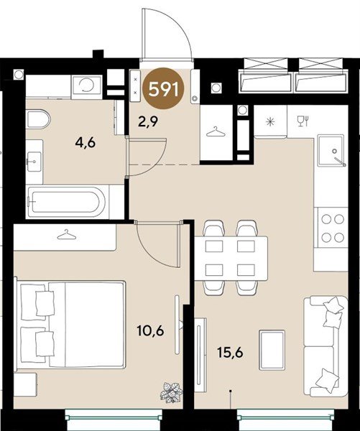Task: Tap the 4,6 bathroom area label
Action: [86, 143]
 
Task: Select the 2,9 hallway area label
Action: [148, 121]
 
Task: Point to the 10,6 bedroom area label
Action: [150, 330]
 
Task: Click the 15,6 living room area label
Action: [230, 353]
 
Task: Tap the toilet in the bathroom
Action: [38, 119]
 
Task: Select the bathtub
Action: [66, 202]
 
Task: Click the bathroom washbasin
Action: [34, 162]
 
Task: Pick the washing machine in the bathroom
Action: [86, 86]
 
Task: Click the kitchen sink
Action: [331, 151]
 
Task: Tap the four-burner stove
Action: [332, 228]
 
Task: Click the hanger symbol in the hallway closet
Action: [216, 132]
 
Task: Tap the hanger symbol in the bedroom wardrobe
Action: [66, 234]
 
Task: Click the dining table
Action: [231, 259]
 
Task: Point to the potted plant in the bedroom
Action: [171, 392]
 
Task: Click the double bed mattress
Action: [86, 324]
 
